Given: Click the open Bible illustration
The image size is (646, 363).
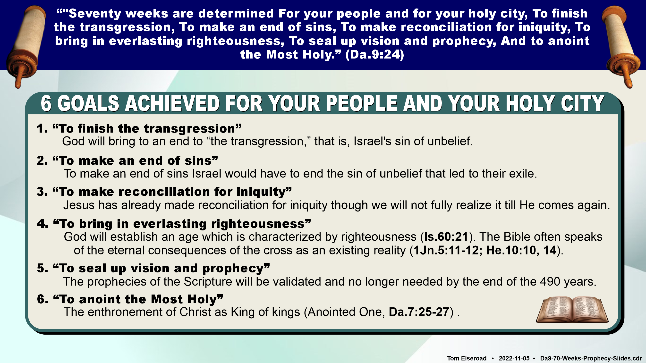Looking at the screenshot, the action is pyautogui.click(x=572, y=310).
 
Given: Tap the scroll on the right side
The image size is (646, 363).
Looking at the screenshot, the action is pyautogui.click(x=621, y=46).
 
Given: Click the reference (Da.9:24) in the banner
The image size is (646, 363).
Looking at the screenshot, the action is pyautogui.click(x=375, y=54).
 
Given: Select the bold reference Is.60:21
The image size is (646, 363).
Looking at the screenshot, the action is pyautogui.click(x=446, y=237).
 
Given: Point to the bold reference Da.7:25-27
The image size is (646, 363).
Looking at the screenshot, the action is pyautogui.click(x=419, y=312).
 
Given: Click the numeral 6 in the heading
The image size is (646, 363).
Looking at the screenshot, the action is pyautogui.click(x=46, y=103).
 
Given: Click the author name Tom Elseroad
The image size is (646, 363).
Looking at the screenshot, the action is pyautogui.click(x=467, y=358).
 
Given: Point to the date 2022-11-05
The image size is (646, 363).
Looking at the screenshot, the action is pyautogui.click(x=514, y=358).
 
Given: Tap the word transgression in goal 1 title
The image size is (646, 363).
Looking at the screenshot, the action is pyautogui.click(x=189, y=129).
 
